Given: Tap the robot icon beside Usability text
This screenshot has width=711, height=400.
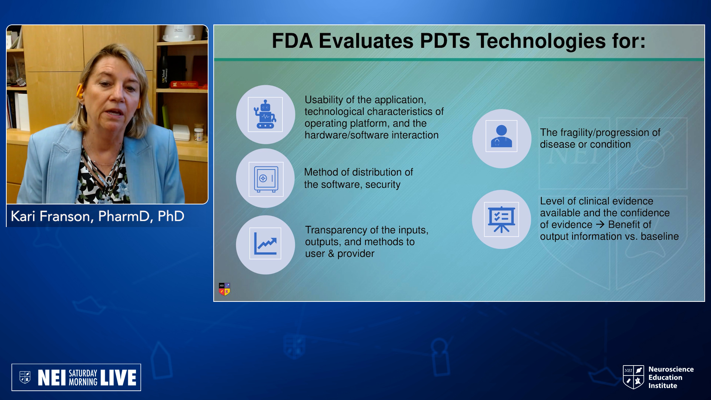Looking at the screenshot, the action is coord(265,114).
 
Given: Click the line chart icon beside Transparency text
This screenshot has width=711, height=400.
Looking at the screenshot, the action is coord(265,243).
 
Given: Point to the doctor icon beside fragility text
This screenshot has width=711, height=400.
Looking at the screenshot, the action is coord(501,136).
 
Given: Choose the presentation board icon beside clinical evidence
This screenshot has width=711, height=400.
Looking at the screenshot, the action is coord(501,219).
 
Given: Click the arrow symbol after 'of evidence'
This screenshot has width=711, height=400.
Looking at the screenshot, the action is coord(600,224).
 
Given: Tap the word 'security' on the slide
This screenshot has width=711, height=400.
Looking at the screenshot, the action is coord(383,184).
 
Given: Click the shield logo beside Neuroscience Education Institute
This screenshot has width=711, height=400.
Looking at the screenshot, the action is coord(634,377).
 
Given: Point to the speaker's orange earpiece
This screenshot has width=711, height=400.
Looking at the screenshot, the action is coord(79,91).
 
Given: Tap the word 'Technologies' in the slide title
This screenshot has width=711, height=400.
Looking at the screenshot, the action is coord(541,41).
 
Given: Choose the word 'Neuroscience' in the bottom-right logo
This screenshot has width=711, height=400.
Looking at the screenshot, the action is coord(671,369).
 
